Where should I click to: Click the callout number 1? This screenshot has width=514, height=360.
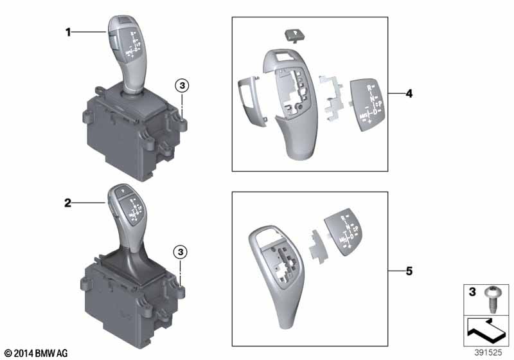click(67, 32)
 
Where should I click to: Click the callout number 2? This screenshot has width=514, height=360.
click(67, 203)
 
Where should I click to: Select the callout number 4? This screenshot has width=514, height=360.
click(409, 94)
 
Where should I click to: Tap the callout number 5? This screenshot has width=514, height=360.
click(409, 271)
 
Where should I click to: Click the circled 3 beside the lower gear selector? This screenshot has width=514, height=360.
click(182, 251)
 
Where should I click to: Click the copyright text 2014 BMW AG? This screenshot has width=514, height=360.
click(35, 353)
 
